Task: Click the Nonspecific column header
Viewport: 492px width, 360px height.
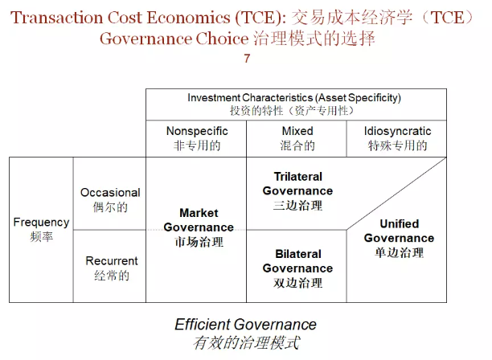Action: [x=197, y=131]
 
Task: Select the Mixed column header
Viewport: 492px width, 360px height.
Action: [x=297, y=131]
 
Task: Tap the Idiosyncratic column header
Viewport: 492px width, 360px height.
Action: [x=397, y=131]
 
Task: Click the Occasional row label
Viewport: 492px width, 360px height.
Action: [x=110, y=193]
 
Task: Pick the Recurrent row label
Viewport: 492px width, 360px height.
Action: [x=111, y=261]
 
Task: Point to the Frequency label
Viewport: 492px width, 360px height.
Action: [x=41, y=222]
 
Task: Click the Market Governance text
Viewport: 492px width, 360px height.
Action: [x=199, y=220]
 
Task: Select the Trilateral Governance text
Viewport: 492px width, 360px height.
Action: [x=297, y=184]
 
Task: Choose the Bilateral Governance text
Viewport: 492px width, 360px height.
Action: [x=297, y=261]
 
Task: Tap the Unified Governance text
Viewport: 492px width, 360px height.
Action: [x=399, y=231]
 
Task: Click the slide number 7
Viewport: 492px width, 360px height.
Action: [x=246, y=59]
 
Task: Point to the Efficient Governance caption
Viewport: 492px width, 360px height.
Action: [x=245, y=325]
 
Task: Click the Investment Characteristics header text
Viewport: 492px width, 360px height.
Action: [x=294, y=98]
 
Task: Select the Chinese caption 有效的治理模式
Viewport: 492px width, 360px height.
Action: [x=245, y=343]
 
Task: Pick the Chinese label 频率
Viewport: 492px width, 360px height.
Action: [x=41, y=236]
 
